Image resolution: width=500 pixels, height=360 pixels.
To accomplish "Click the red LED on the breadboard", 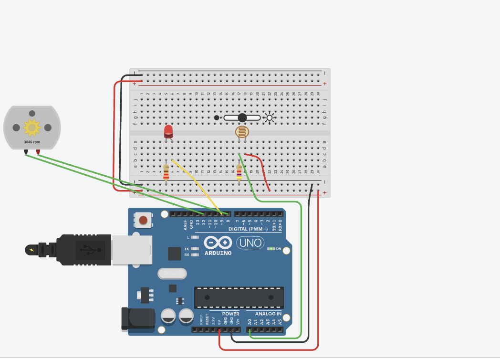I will (168, 131).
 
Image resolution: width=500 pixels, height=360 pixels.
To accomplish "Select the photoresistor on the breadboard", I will (242, 132).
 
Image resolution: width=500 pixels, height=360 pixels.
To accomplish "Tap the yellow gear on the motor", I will (32, 127).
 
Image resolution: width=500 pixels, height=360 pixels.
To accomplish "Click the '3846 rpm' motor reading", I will (31, 142).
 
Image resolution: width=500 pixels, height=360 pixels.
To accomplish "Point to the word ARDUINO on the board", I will (218, 253).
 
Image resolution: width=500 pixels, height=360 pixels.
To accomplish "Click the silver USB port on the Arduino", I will (132, 250).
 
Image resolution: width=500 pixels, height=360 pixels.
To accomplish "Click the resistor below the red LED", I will (166, 172).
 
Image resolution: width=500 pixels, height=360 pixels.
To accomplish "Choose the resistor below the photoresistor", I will (239, 173).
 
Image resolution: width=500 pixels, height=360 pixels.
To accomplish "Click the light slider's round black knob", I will (242, 117).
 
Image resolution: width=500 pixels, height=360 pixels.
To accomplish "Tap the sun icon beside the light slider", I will (270, 117).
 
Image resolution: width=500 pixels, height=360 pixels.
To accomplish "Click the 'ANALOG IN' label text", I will (268, 314).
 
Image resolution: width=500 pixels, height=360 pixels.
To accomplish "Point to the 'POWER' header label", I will (231, 314).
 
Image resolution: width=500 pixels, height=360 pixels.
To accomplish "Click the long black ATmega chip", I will (239, 297).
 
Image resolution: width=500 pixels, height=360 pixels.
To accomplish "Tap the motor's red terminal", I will (38, 152).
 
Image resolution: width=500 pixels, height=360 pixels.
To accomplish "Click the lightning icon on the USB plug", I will (31, 250).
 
